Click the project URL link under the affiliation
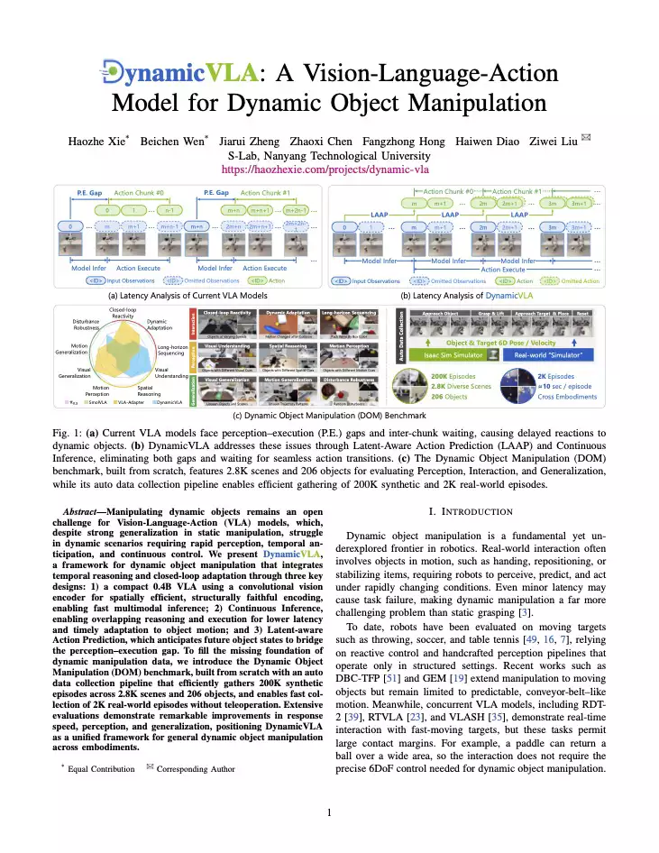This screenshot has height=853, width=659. (329, 169)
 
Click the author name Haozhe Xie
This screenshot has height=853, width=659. (96, 142)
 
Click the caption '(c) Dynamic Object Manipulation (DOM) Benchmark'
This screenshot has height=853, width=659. (329, 416)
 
